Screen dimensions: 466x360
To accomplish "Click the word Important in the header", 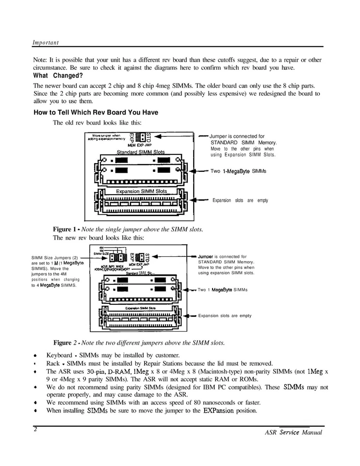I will pyautogui.click(x=45, y=43).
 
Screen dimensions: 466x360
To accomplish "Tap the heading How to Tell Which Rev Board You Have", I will pyautogui.click(x=96, y=113).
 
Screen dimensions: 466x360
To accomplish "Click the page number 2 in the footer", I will pyautogui.click(x=35, y=429).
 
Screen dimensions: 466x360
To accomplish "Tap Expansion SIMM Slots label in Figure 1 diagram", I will pyautogui.click(x=141, y=191).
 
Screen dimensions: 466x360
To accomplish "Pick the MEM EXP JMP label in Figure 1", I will pyautogui.click(x=140, y=145).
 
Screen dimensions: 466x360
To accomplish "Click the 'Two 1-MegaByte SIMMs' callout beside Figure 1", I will pyautogui.click(x=238, y=171).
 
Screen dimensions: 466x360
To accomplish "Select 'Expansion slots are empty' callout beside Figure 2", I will pyautogui.click(x=225, y=316).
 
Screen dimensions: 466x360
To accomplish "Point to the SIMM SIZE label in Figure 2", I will pyautogui.click(x=101, y=254).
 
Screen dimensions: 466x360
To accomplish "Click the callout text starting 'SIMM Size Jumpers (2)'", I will pyautogui.click(x=54, y=257).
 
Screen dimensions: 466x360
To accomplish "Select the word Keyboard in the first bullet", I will pyautogui.click(x=60, y=355).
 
